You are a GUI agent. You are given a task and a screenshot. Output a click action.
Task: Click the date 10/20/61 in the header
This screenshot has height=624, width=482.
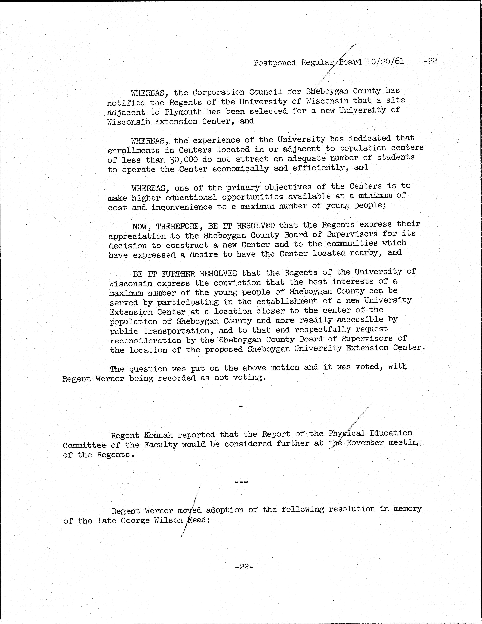(x=385, y=62)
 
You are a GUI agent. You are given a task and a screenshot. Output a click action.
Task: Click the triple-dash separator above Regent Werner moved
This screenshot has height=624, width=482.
(x=241, y=482)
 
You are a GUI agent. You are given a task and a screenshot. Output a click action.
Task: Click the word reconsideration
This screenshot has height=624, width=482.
(x=146, y=340)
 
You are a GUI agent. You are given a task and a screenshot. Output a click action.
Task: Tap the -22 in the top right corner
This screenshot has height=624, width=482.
(x=430, y=61)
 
